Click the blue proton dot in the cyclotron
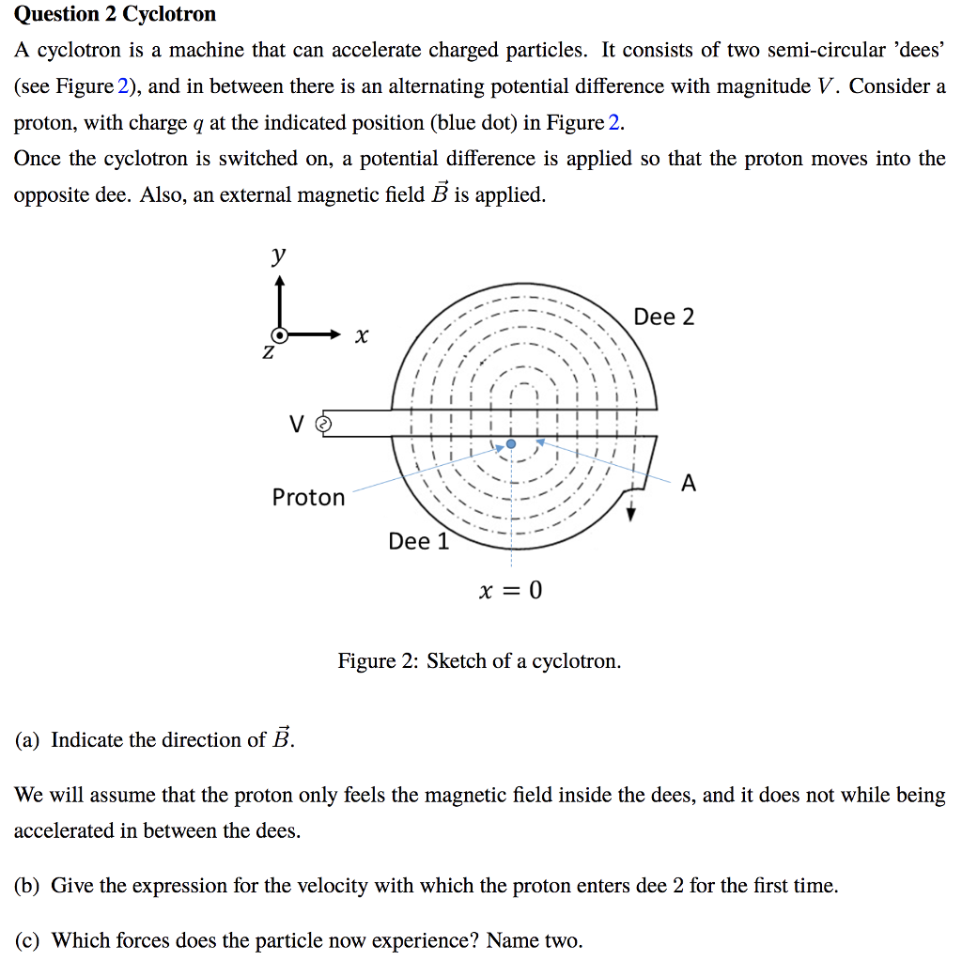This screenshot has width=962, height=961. [510, 443]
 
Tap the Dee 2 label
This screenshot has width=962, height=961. [664, 318]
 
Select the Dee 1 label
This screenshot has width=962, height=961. [418, 541]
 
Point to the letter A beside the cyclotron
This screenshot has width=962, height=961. [689, 484]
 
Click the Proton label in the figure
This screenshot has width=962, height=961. [308, 497]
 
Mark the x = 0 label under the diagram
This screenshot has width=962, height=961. [510, 591]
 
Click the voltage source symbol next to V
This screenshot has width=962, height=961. [324, 425]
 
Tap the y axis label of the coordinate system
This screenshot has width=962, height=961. [278, 255]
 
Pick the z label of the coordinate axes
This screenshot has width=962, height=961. [268, 353]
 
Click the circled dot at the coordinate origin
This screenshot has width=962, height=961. [279, 334]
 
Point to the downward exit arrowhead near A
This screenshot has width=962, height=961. [631, 514]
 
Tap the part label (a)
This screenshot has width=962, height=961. [26, 740]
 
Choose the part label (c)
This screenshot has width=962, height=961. [26, 940]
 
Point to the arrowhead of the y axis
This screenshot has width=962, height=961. [279, 279]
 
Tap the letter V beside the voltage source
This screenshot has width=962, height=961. [297, 426]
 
